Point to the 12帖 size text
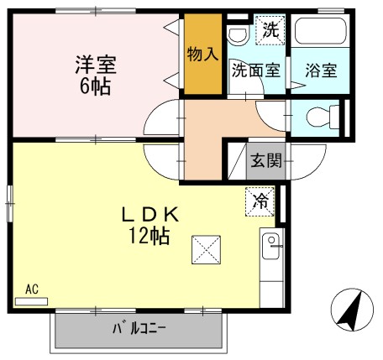[150, 236]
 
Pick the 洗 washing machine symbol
[269, 29]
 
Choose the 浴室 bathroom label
[321, 70]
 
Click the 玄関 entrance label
[265, 159]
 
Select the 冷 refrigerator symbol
[260, 201]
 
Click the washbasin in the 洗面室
[238, 34]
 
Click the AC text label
[32, 290]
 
